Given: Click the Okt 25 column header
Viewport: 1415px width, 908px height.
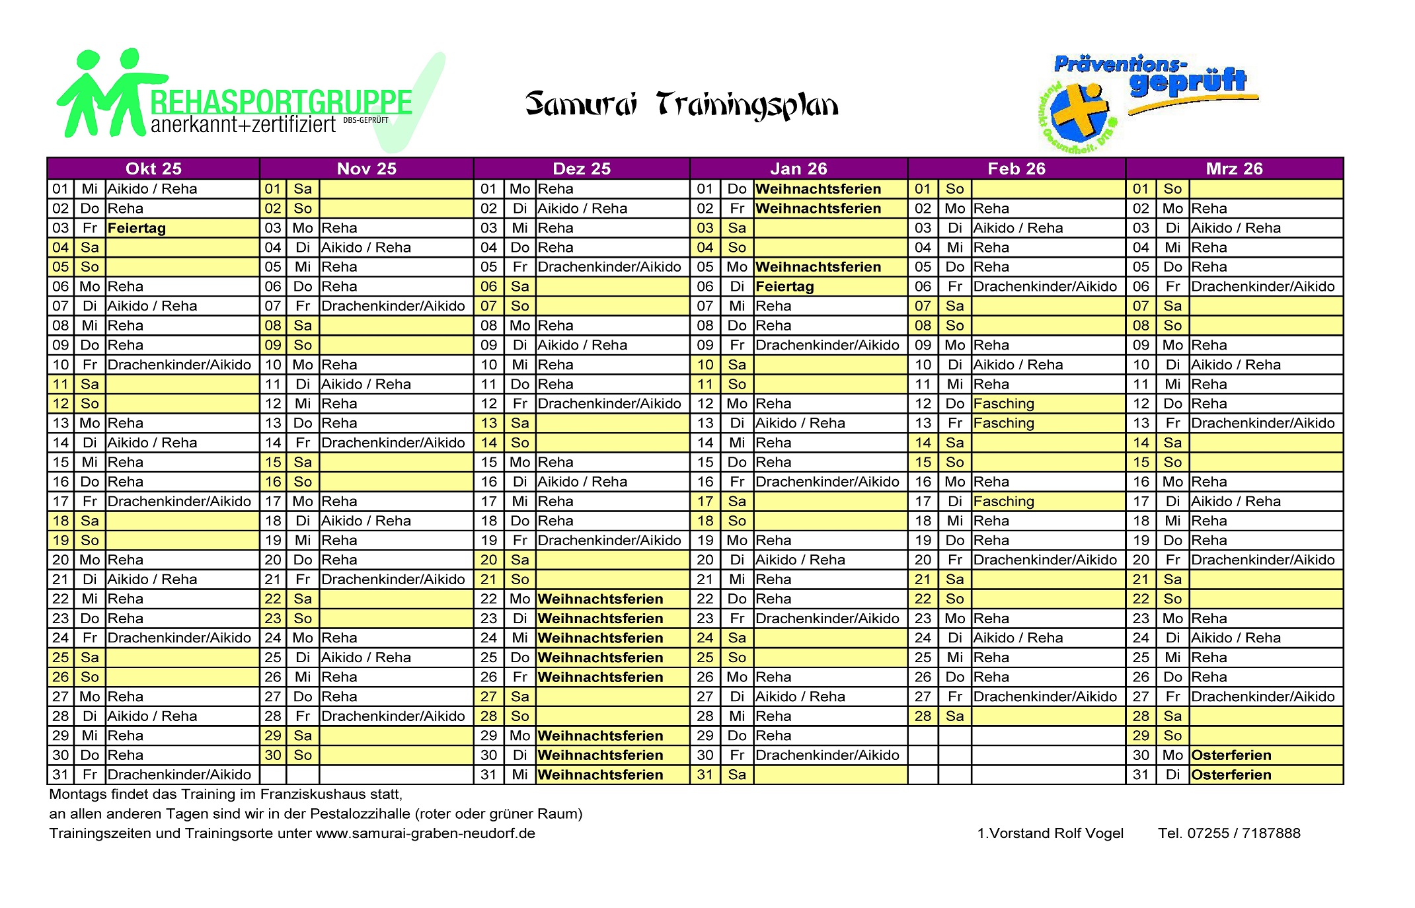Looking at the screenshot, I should click(x=153, y=169).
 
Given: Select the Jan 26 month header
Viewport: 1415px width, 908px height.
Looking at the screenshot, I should click(x=798, y=169).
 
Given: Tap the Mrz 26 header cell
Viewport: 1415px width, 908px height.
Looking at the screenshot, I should click(x=1234, y=169).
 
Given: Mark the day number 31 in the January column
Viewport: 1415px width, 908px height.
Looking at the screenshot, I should click(x=705, y=775).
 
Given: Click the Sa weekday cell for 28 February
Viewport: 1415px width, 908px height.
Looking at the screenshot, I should click(x=954, y=716).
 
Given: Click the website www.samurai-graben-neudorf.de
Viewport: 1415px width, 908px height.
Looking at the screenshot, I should click(x=426, y=833).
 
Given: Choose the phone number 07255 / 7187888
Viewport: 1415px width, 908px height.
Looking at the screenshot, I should click(x=1243, y=833).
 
